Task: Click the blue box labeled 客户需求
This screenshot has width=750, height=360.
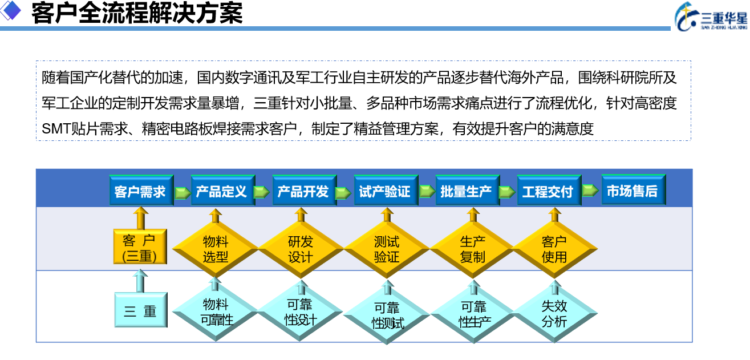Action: point(141,190)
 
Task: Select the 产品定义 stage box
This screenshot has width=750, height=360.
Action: point(223,190)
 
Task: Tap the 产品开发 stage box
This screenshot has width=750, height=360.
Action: point(305,190)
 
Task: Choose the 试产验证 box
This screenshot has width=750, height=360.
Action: point(386,190)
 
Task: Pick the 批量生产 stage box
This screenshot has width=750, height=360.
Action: point(468,190)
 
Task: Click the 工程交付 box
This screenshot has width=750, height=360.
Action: point(549,190)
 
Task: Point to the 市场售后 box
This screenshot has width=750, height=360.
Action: point(634,189)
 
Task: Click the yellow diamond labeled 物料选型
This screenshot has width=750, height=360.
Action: point(215,249)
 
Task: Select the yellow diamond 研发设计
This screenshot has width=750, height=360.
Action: point(301,249)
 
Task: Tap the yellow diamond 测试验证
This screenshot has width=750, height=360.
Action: point(387,249)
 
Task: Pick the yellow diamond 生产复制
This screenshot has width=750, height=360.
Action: point(472,249)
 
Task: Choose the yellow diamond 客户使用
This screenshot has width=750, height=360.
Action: point(554,249)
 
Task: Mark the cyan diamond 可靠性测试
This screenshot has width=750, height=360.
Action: point(387,315)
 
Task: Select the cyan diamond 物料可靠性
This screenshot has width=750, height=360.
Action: point(215,312)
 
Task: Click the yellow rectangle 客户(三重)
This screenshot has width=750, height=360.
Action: point(140,246)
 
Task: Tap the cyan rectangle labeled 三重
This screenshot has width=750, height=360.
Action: point(141,310)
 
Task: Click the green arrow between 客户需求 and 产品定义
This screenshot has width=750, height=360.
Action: point(183,193)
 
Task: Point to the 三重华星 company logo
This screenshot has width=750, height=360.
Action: point(711,17)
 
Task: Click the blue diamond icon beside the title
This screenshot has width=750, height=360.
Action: point(10,10)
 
